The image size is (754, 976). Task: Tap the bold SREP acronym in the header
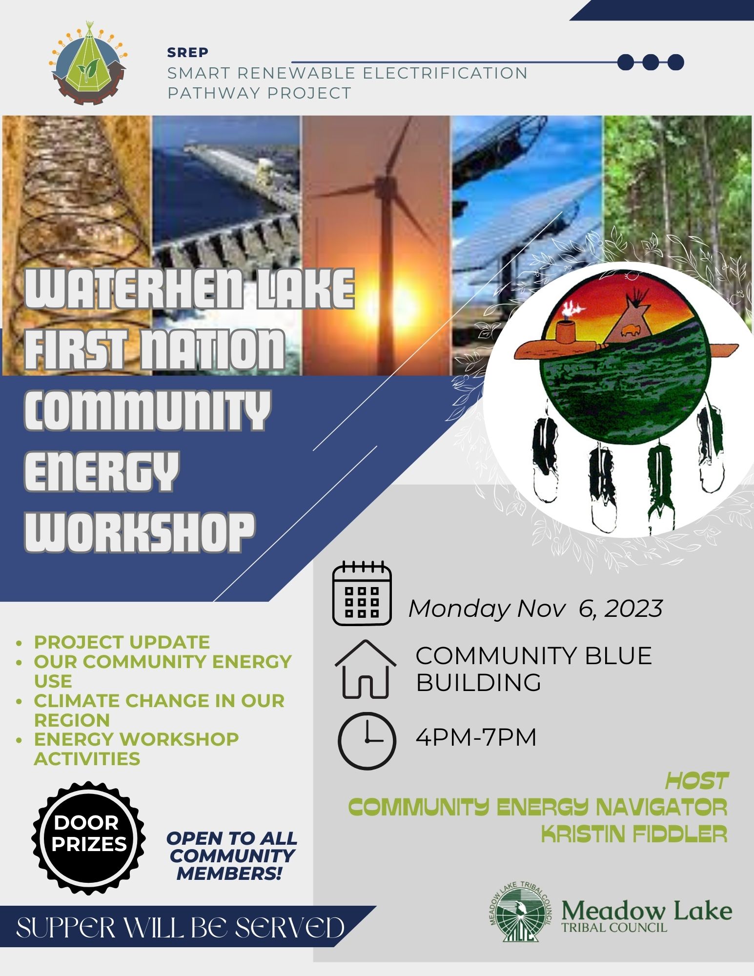pos(188,52)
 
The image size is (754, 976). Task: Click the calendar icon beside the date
pos(362,593)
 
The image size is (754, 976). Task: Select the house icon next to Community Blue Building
pos(365,669)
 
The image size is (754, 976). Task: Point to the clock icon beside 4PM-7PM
pos(367,741)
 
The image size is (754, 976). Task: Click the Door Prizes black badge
pos(88,838)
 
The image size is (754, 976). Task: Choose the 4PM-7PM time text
pos(476,737)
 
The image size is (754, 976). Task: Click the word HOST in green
pos(697,781)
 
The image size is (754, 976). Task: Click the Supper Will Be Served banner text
pos(181,928)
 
